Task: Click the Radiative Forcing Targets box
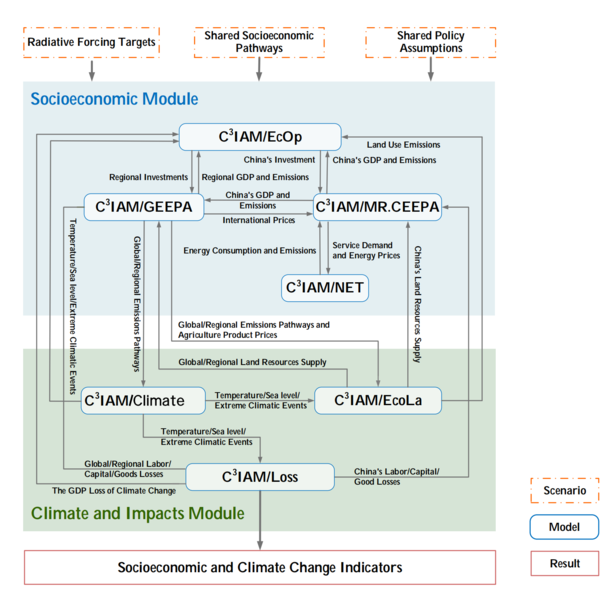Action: click(x=91, y=43)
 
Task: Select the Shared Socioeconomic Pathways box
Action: click(x=259, y=42)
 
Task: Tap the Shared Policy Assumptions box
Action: click(x=430, y=43)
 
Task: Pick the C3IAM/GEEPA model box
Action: click(x=144, y=208)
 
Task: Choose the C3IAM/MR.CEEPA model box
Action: click(x=377, y=208)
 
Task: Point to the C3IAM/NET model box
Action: click(x=325, y=287)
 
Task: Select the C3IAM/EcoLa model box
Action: click(x=377, y=401)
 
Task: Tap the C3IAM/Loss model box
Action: click(x=260, y=476)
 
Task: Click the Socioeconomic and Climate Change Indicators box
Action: click(x=259, y=567)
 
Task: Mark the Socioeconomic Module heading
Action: click(x=114, y=99)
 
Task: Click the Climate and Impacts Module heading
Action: click(x=137, y=513)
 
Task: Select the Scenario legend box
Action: click(x=564, y=492)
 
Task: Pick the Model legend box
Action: click(x=564, y=527)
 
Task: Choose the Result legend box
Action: click(x=564, y=563)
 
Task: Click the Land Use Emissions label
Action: click(x=403, y=145)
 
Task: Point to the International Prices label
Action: click(x=258, y=220)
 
